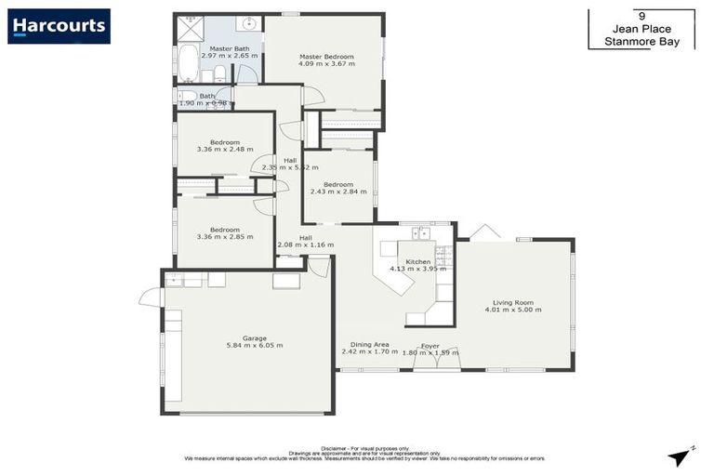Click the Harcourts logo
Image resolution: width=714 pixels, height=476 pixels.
pyautogui.click(x=59, y=26)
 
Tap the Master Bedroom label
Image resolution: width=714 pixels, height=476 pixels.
pyautogui.click(x=325, y=56)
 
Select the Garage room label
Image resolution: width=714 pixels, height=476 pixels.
pyautogui.click(x=255, y=337)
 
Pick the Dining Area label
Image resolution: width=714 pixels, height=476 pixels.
pyautogui.click(x=364, y=345)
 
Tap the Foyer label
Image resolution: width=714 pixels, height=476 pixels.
pyautogui.click(x=430, y=346)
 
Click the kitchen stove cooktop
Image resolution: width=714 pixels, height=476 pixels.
pyautogui.click(x=443, y=253)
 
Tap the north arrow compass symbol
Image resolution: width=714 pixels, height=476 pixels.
pyautogui.click(x=681, y=456)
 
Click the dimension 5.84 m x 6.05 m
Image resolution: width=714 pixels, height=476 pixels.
pyautogui.click(x=255, y=346)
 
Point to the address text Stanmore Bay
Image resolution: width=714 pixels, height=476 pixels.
pyautogui.click(x=641, y=42)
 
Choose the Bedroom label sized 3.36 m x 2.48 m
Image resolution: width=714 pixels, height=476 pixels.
pyautogui.click(x=225, y=142)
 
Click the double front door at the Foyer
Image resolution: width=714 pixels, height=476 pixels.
pyautogui.click(x=437, y=368)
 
